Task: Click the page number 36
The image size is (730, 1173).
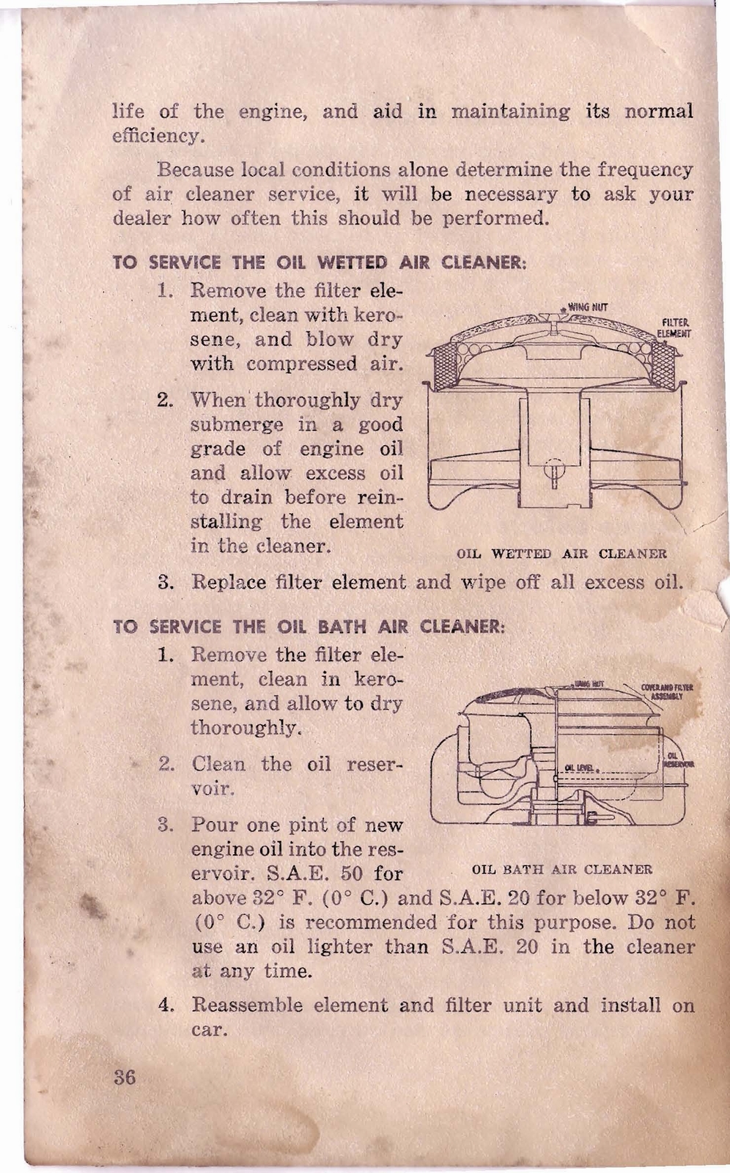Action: (x=125, y=1078)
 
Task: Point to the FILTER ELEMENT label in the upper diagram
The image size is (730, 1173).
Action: (x=674, y=328)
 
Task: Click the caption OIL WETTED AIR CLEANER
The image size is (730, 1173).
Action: (x=561, y=554)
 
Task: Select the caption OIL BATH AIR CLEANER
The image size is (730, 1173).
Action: (x=561, y=869)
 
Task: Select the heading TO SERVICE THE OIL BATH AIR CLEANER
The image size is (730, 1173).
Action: (x=309, y=627)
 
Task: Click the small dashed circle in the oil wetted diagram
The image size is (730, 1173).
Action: (x=555, y=466)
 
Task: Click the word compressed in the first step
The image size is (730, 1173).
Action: (x=312, y=364)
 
